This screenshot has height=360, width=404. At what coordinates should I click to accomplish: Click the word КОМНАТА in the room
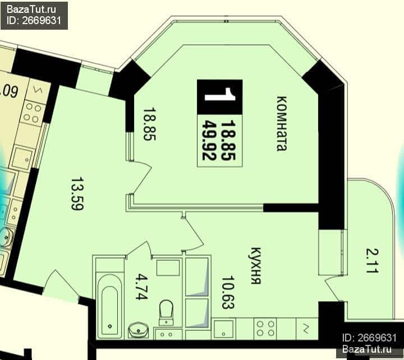tap(282, 123)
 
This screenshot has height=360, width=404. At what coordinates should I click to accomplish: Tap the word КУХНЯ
tap(256, 266)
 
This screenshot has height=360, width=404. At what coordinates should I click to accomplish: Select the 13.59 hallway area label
tap(77, 193)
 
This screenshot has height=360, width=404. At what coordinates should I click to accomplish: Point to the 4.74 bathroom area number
tap(142, 287)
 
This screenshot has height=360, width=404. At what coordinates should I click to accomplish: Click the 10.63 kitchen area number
tap(228, 292)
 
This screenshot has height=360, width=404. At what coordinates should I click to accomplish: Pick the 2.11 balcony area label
tap(373, 260)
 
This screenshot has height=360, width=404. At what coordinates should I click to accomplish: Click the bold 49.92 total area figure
tap(209, 140)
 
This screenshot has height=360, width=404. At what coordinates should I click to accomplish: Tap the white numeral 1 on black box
tap(220, 94)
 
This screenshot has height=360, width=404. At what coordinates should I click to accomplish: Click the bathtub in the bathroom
tap(110, 306)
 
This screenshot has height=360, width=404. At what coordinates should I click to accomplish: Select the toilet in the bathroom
tap(166, 312)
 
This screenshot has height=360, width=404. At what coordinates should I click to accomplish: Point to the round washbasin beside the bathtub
tap(139, 330)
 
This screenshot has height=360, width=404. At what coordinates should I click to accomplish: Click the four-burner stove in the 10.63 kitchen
tap(265, 329)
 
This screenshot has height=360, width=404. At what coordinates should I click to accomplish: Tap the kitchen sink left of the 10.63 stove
tap(224, 329)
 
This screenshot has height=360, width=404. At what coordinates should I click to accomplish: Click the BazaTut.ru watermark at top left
tap(31, 10)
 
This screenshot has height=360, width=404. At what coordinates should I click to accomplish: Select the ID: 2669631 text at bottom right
tap(369, 338)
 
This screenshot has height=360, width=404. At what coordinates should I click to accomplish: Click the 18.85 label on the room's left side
tap(149, 124)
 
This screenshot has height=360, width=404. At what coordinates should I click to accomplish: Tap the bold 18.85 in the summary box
tap(228, 140)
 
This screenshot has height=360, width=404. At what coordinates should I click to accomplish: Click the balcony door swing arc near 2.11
tap(331, 288)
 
